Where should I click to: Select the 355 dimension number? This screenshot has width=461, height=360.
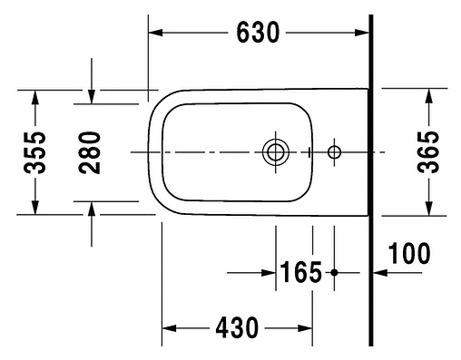(34, 151)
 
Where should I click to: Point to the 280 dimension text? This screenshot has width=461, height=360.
(91, 151)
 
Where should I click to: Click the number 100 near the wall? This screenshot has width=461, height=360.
(410, 253)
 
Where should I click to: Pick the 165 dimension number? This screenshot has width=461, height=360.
(300, 271)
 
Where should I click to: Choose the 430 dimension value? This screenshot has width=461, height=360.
(237, 326)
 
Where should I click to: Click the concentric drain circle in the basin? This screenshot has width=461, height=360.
(273, 152)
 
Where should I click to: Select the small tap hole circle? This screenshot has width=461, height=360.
(334, 151)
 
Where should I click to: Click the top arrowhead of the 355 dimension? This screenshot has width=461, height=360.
(34, 96)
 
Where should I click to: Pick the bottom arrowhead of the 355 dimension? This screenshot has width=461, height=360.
(34, 208)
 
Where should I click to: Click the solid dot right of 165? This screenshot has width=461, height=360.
(334, 271)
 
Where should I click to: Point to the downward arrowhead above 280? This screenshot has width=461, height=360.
(92, 97)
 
